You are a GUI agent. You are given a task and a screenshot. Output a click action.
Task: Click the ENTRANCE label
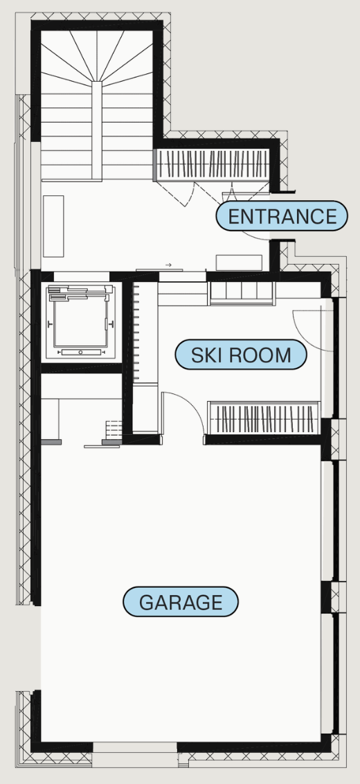282,217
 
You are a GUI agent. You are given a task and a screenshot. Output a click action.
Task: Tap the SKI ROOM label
240,355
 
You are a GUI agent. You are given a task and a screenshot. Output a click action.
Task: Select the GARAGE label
181,601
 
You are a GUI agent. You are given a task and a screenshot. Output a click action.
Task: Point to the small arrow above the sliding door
168,265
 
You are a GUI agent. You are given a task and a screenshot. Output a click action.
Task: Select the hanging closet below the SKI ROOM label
264,418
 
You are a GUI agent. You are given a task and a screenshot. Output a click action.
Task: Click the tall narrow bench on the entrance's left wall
53,226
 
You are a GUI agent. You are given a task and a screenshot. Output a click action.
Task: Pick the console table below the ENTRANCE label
239,262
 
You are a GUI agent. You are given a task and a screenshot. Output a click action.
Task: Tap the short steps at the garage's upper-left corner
114,429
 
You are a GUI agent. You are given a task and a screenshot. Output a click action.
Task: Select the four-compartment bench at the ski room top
242,294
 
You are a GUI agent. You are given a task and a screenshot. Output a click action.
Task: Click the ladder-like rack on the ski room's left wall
135,332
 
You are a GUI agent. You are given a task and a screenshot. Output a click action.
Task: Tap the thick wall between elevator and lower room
82,368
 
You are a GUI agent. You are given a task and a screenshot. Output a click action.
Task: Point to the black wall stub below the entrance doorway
274,256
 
